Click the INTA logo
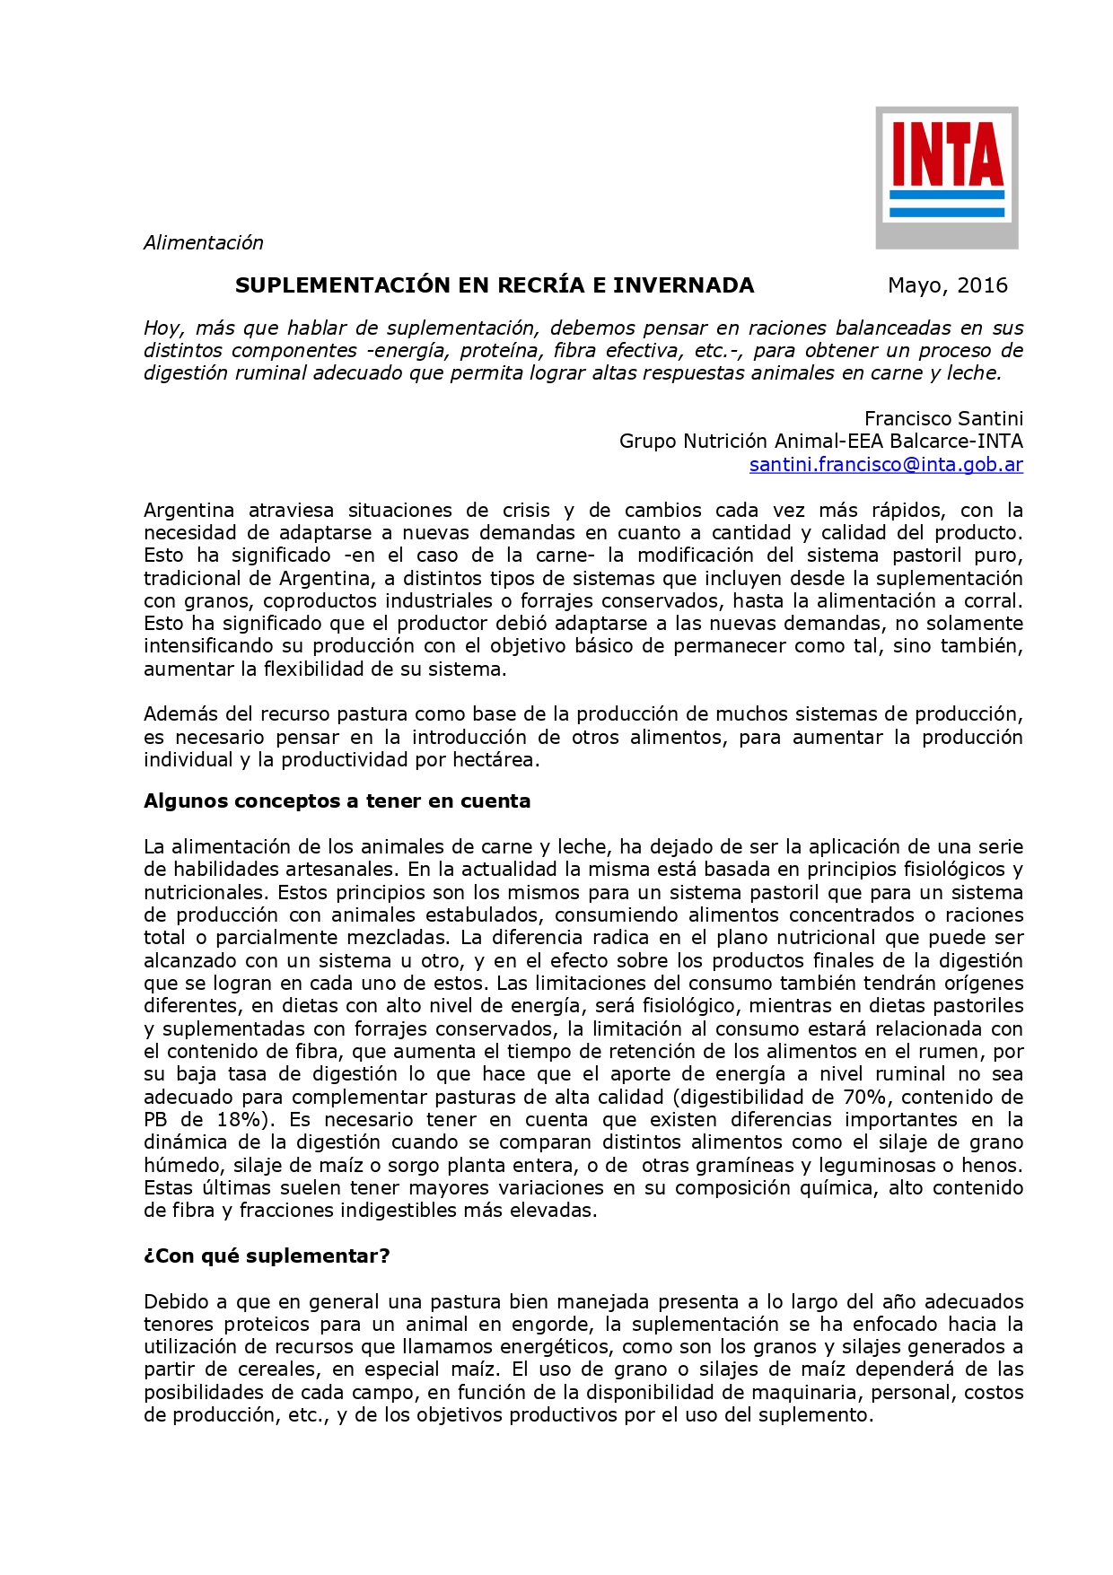(x=946, y=177)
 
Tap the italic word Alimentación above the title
(x=204, y=242)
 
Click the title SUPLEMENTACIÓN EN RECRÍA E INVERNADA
(x=495, y=285)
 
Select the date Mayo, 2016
(x=947, y=285)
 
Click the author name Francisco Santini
(x=943, y=418)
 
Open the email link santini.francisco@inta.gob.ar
(x=886, y=464)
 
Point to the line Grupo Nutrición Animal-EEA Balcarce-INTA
(x=820, y=441)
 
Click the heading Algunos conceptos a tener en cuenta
(x=337, y=801)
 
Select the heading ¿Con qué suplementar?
(x=267, y=1256)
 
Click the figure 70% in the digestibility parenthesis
(x=866, y=1097)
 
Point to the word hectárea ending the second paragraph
(x=499, y=759)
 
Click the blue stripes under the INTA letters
(x=946, y=204)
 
